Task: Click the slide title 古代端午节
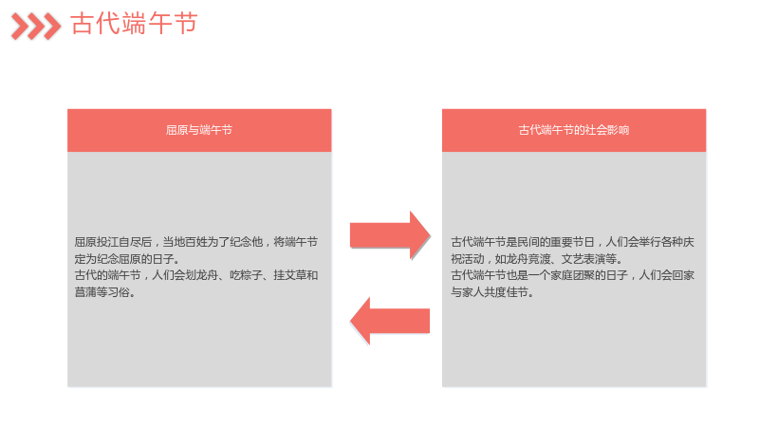[134, 24]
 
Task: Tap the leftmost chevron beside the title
[20, 27]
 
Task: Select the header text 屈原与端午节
[199, 130]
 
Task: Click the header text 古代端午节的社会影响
[574, 130]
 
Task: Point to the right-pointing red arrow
[390, 235]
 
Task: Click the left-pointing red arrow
[390, 321]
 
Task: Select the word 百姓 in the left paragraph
[195, 242]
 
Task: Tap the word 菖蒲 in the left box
[85, 292]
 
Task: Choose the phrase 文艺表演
[583, 259]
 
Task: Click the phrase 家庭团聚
[572, 275]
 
